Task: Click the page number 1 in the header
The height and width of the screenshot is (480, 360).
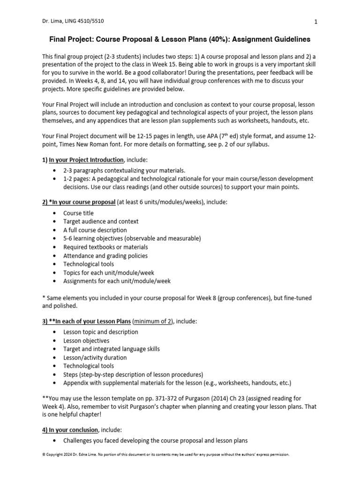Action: click(x=316, y=22)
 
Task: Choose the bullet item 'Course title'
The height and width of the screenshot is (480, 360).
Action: click(x=78, y=213)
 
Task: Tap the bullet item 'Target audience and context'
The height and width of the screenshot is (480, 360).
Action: click(x=101, y=221)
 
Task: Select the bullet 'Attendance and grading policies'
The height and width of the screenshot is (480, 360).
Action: click(x=105, y=255)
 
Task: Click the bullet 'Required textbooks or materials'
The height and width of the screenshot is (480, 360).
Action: click(x=105, y=247)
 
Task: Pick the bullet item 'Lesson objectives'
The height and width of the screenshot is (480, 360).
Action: click(x=86, y=341)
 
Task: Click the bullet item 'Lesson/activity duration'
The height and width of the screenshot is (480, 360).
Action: click(x=95, y=358)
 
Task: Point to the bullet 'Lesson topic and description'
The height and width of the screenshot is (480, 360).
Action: click(x=101, y=332)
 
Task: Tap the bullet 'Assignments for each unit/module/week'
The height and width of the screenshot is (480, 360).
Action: click(x=117, y=281)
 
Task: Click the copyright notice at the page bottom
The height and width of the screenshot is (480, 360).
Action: click(x=166, y=455)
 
